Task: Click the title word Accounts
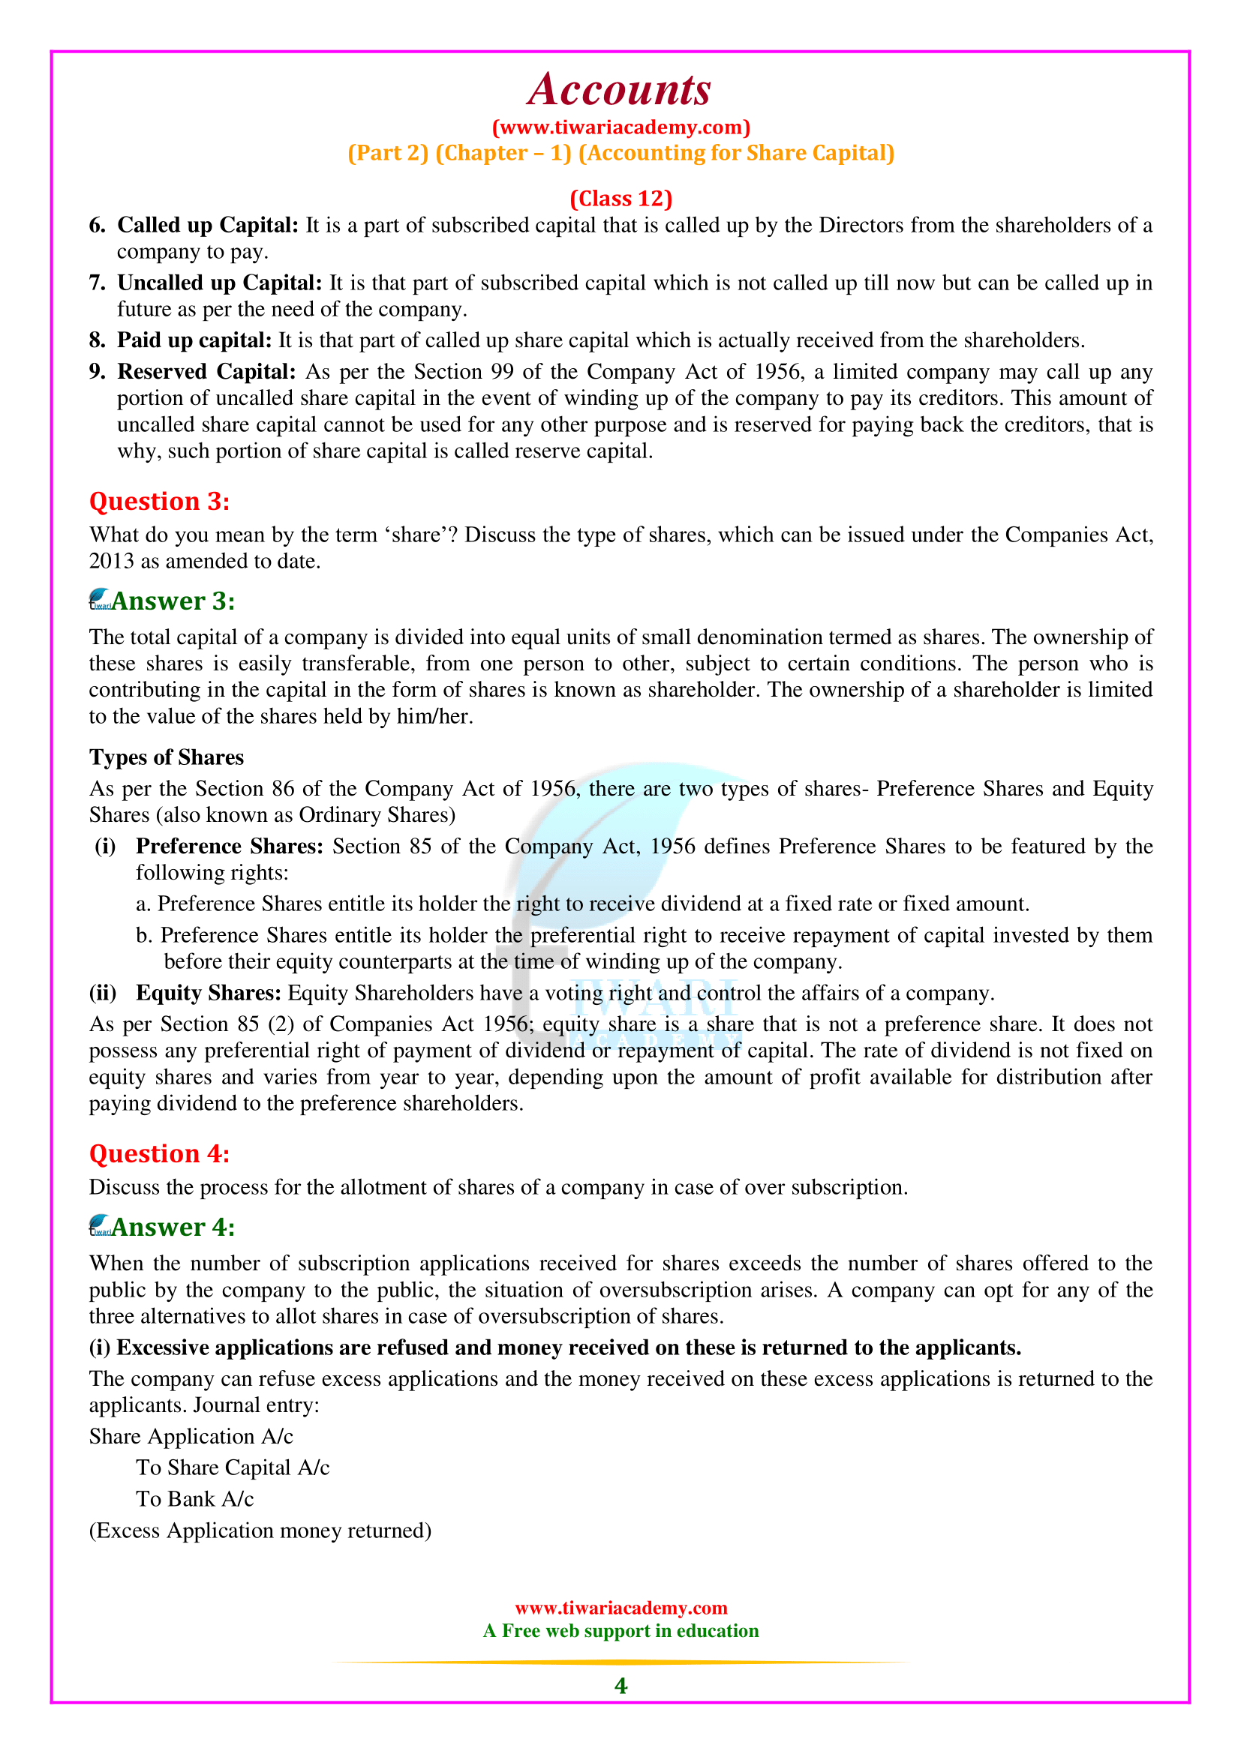tap(620, 89)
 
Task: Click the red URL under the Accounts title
tap(620, 127)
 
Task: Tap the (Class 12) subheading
tap(620, 199)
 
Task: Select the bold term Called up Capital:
tap(207, 226)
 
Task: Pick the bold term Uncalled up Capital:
tap(219, 283)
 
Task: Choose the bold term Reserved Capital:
tap(206, 372)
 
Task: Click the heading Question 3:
tap(159, 501)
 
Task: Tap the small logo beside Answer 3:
tap(100, 600)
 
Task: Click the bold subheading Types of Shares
tap(167, 757)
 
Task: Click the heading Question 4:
tap(159, 1153)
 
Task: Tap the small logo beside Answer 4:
tap(100, 1226)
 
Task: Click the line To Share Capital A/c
tap(233, 1468)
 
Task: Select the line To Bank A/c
tap(195, 1499)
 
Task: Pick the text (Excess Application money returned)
tap(260, 1531)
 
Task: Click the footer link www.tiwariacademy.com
tap(620, 1608)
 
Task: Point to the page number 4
tap(620, 1686)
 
